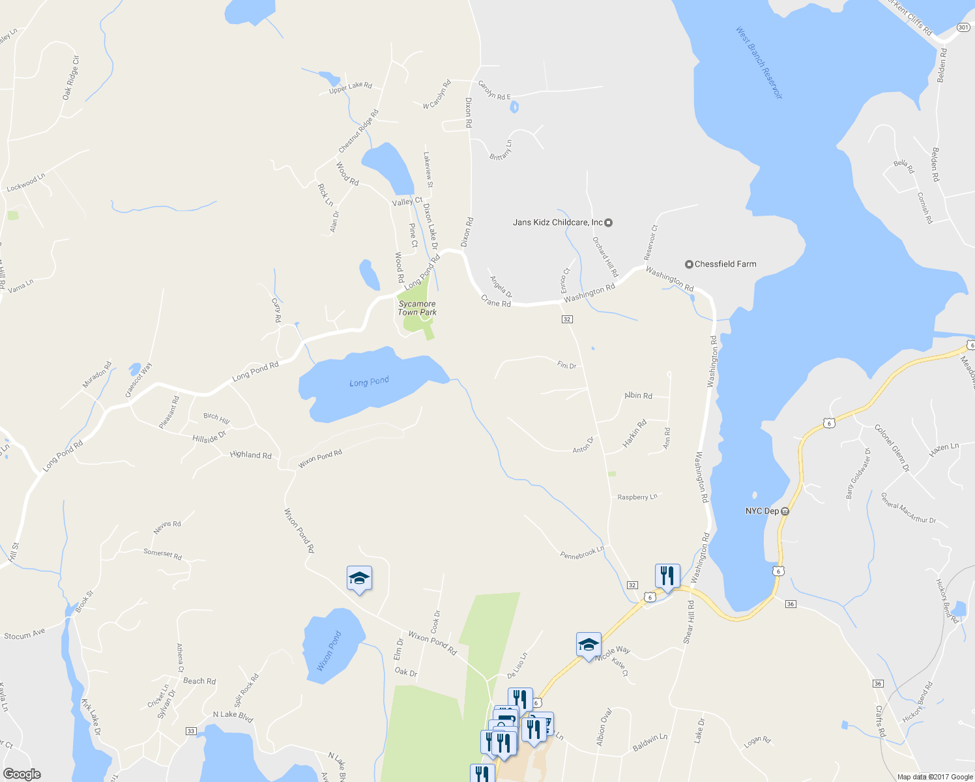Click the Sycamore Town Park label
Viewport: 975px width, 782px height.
tap(417, 308)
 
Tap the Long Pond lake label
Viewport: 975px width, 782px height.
tap(369, 382)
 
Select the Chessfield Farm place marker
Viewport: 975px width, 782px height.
tap(689, 264)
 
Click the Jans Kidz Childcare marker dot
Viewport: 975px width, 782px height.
tap(609, 223)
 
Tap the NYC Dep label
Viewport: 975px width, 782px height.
tap(762, 512)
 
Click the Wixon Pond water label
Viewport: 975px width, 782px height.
tap(329, 650)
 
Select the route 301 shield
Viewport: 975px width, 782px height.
tap(963, 27)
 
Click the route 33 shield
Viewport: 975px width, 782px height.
tap(191, 731)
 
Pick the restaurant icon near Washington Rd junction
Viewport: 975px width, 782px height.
tap(667, 576)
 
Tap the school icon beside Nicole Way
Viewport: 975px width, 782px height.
tap(589, 644)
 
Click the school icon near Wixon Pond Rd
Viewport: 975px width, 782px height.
tap(359, 578)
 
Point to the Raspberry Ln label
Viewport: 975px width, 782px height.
tap(637, 497)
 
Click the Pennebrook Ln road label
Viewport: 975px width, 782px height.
tap(582, 553)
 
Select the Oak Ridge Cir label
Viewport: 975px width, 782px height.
tap(71, 78)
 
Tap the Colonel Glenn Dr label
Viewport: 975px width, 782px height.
tap(892, 448)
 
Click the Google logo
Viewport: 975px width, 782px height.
tap(22, 774)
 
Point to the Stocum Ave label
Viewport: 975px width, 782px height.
tap(25, 635)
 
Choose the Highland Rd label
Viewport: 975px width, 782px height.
tap(250, 455)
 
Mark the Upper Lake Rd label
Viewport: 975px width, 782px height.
tap(350, 87)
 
